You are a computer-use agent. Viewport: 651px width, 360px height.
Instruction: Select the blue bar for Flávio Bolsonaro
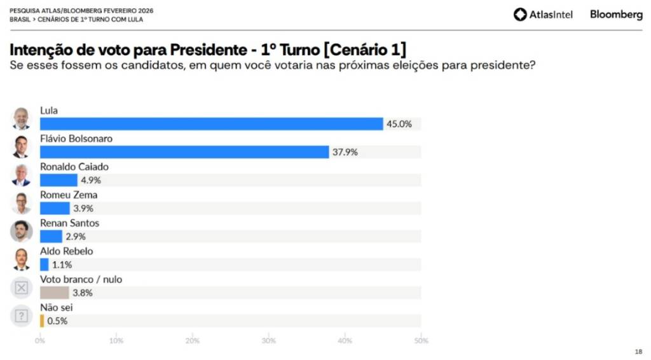point(184,152)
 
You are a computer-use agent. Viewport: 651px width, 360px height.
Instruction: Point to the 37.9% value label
point(345,152)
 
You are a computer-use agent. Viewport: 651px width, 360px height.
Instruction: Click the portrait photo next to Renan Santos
point(22,232)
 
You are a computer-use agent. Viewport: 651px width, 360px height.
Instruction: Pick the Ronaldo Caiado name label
point(74,167)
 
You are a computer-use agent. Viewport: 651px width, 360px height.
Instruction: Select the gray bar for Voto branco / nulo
point(54,293)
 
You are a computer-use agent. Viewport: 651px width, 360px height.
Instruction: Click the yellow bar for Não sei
point(42,321)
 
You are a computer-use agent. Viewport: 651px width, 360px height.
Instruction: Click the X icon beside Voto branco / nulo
point(22,288)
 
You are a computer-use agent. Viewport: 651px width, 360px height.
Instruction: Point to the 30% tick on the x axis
point(269,341)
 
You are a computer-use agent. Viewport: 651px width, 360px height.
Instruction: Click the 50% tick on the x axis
point(421,341)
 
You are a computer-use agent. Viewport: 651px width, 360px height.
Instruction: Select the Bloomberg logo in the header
point(616,15)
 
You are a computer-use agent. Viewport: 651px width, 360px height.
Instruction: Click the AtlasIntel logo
point(543,15)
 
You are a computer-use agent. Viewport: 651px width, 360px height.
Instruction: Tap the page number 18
point(638,352)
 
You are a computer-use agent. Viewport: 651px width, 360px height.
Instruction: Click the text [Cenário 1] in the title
point(365,49)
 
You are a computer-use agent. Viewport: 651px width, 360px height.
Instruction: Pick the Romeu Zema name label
point(69,195)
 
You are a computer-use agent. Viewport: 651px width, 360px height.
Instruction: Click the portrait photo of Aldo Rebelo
point(22,260)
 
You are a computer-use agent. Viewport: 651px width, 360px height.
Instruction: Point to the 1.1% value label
point(62,265)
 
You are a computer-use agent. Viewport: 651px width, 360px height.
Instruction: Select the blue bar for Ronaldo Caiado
point(58,180)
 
